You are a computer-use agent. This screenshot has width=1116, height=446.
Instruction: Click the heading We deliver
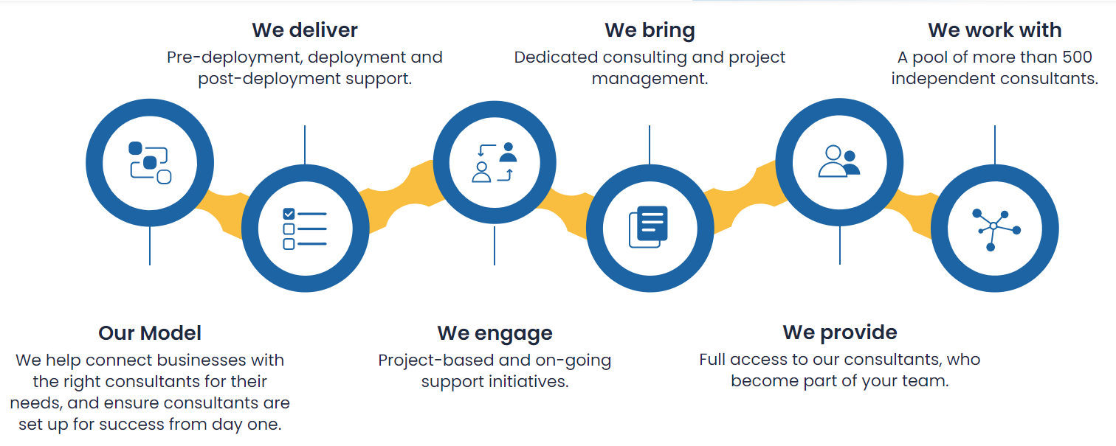304,30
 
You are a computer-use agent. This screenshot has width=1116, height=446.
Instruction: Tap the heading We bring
650,31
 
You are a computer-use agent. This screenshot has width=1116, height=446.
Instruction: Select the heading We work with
994,30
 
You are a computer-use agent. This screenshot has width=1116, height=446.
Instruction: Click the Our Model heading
149,333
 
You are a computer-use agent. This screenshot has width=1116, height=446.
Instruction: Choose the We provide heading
839,332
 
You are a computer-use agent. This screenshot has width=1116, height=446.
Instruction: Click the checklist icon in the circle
305,229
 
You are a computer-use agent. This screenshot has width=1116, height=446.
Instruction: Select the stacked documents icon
648,226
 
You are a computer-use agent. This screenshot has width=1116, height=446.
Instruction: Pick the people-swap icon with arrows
495,162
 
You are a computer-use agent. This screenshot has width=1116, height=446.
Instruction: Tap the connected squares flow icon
149,163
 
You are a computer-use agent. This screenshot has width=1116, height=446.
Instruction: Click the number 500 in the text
1077,58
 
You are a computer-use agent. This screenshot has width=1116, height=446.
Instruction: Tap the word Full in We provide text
712,360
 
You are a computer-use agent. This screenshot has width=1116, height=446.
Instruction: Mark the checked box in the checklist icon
289,214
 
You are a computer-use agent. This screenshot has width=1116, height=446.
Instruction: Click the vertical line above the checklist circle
304,144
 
